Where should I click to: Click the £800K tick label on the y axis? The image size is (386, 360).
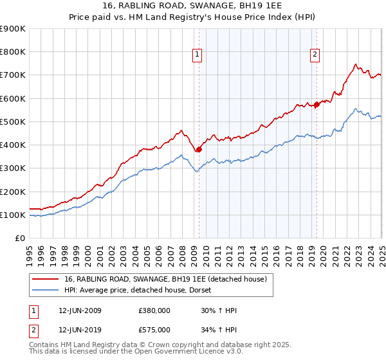(13, 52)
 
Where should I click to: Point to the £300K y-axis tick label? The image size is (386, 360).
(13, 168)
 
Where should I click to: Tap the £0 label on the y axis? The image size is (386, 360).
(20, 239)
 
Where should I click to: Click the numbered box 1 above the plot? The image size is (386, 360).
(197, 55)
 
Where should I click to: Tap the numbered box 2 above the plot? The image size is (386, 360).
(315, 55)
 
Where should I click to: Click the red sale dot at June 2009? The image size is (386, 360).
(199, 150)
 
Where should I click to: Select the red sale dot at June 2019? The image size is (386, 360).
(317, 105)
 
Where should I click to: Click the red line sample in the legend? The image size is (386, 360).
(45, 279)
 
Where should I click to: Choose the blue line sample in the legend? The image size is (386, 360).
(45, 291)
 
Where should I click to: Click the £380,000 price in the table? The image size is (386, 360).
(154, 311)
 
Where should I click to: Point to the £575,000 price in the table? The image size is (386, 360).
(154, 330)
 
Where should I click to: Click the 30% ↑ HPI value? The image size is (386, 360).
(219, 311)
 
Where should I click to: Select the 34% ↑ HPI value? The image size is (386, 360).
(219, 330)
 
